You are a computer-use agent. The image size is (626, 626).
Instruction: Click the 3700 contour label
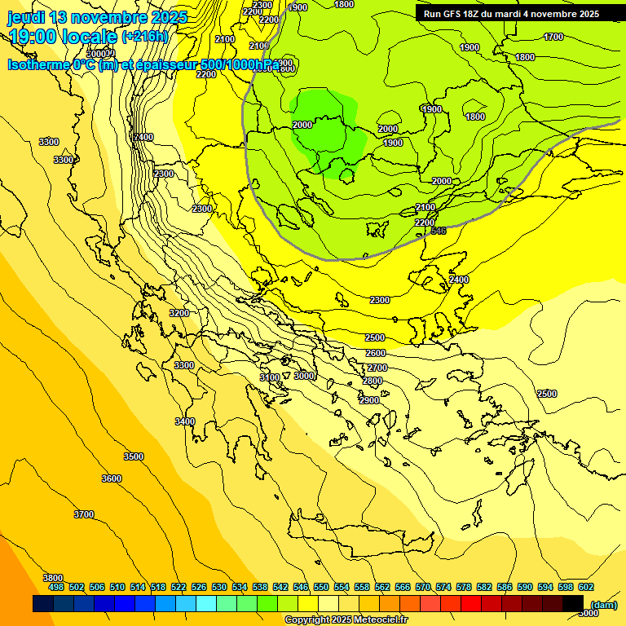click(84, 514)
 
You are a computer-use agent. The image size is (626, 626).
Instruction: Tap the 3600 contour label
click(112, 478)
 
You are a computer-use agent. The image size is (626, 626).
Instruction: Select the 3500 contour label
click(134, 456)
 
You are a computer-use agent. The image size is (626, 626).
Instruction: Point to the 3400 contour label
click(185, 421)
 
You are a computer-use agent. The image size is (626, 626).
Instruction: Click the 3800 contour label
click(53, 577)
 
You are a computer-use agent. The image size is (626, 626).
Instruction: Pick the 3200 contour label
click(179, 313)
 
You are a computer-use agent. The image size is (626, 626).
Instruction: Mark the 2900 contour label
click(369, 400)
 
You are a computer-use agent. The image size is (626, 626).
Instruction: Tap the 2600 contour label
click(376, 353)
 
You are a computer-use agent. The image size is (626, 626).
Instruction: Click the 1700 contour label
click(553, 37)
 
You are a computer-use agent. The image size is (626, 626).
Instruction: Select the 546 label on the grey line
click(439, 231)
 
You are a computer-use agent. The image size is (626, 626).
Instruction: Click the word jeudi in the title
click(27, 17)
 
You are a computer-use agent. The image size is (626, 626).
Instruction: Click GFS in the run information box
click(456, 14)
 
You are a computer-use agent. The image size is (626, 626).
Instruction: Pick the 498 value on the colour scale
click(56, 587)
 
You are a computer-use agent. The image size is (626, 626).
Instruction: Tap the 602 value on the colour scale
click(586, 587)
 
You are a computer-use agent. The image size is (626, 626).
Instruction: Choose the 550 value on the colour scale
click(321, 587)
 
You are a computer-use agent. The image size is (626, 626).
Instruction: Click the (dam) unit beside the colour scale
click(602, 604)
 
